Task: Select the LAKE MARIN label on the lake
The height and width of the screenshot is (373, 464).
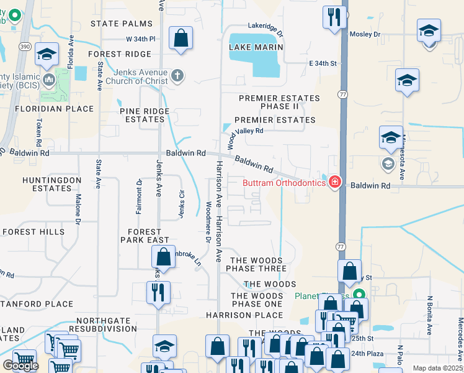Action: pos(256,47)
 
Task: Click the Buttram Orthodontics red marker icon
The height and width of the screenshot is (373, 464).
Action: pos(335,182)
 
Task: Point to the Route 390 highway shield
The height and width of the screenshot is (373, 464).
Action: pos(22,47)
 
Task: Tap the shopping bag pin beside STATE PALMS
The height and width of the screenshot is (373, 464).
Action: pos(181,39)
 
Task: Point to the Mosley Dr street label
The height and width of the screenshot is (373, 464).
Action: pos(365,35)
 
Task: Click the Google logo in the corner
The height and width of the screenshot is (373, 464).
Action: pos(20,366)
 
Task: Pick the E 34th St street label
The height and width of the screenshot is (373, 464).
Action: pos(322,63)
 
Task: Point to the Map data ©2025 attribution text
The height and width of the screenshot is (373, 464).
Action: pos(437,368)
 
